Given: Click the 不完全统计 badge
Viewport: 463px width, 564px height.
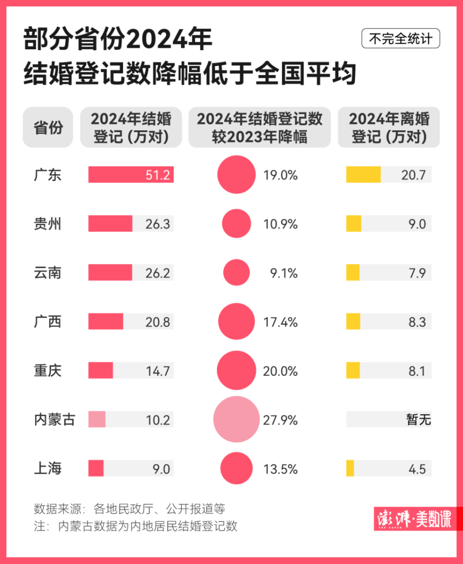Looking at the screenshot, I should tap(400, 39).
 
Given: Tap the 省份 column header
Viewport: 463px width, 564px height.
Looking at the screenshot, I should tap(48, 127).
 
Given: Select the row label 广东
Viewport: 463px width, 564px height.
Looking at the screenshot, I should tap(48, 175).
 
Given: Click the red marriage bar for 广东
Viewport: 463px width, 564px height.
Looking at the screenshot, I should tap(130, 175).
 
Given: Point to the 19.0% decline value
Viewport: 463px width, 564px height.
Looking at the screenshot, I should tap(280, 175).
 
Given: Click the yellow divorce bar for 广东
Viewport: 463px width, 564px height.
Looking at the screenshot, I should tap(363, 175).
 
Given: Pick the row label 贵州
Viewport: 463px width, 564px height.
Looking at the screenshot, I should tap(48, 224).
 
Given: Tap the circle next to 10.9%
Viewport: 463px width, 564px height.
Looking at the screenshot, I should tap(236, 224).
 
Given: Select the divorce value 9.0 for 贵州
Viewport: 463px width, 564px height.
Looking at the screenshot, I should tap(416, 224).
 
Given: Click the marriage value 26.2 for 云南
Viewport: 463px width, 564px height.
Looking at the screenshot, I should tap(158, 273).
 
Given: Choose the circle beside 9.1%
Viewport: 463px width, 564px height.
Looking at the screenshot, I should tap(236, 273).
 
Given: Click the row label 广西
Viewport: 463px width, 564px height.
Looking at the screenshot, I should tap(48, 322).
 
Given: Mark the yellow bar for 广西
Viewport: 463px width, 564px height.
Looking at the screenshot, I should tap(353, 322).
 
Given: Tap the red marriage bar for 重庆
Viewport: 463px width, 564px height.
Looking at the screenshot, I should tap(100, 371).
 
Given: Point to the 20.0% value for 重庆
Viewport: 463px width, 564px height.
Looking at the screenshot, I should tap(280, 371).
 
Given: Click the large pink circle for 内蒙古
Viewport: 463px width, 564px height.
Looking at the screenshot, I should tap(236, 420).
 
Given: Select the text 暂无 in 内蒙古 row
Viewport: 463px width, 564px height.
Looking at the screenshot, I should tap(418, 420).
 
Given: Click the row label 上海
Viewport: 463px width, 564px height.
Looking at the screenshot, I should tap(48, 468).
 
